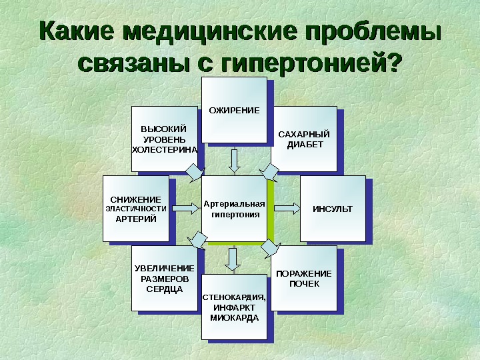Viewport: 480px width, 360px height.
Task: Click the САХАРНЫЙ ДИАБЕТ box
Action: point(303,139)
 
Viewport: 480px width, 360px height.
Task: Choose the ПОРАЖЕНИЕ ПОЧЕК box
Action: point(303,278)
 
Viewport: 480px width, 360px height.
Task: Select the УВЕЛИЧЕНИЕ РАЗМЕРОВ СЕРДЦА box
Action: point(163,278)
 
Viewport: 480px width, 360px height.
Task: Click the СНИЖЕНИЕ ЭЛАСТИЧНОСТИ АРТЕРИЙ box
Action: point(135,208)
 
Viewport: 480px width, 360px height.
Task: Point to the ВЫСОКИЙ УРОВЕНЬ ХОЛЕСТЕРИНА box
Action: point(164,139)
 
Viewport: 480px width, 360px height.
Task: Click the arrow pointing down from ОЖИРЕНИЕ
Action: point(234,160)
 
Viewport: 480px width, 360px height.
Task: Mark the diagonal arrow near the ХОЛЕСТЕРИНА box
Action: point(193,173)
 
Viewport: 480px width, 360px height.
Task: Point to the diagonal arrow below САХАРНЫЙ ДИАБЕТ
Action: point(272,172)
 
